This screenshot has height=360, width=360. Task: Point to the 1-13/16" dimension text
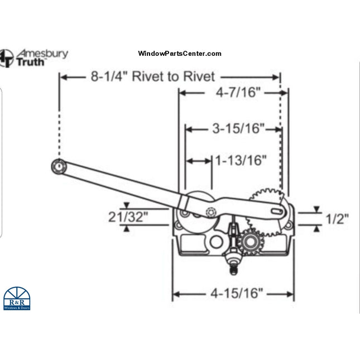click(x=241, y=161)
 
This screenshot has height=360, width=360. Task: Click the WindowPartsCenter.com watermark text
click(x=180, y=54)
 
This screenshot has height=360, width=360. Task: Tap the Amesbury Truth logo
click(x=35, y=57)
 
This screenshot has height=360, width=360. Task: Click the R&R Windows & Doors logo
click(x=17, y=299)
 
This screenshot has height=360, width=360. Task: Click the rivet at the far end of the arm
click(x=57, y=166)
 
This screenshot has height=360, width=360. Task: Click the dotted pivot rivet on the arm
click(x=210, y=213)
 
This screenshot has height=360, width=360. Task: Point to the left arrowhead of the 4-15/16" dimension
click(x=175, y=292)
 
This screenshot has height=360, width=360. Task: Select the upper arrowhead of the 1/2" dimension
click(x=316, y=210)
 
